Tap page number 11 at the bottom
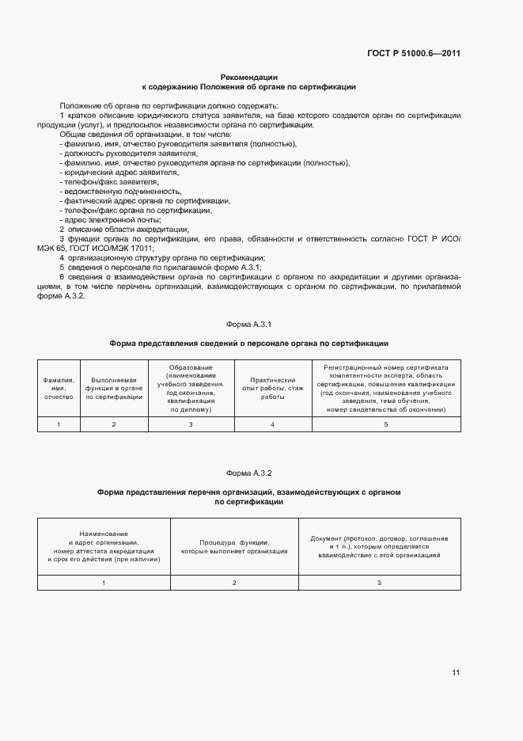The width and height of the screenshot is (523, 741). tap(456, 672)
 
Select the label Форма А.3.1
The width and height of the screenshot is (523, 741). tap(248, 325)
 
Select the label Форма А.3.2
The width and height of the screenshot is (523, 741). tap(248, 473)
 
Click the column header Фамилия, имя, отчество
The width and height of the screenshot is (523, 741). tap(58, 389)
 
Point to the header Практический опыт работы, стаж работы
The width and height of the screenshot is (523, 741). tap(273, 389)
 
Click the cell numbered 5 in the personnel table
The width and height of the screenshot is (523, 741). tap(385, 425)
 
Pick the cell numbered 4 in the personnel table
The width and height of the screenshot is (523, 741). tap(273, 425)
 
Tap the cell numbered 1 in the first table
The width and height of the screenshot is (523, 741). tap(58, 425)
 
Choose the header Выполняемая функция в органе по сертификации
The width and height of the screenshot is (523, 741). tap(114, 389)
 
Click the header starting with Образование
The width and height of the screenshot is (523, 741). tap(190, 389)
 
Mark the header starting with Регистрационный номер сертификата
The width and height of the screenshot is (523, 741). tap(385, 389)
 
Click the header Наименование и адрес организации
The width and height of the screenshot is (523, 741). tap(104, 546)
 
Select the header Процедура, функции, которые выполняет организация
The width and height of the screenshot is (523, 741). tap(234, 546)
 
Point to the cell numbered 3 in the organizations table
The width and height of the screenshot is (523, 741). tap(379, 583)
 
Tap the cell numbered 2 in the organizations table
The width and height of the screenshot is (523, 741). tap(234, 583)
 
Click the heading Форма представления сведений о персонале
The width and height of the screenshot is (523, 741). tap(248, 344)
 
